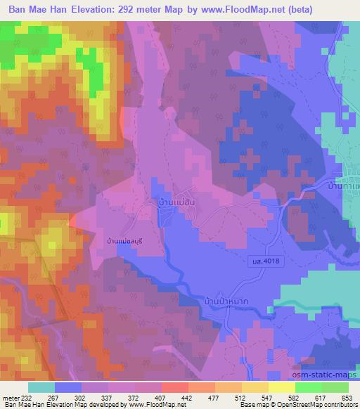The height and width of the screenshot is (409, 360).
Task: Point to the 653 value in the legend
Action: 345,398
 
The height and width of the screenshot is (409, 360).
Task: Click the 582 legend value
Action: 293,398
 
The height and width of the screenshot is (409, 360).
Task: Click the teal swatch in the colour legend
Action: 41,387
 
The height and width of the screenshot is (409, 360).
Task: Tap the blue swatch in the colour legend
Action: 67,387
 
